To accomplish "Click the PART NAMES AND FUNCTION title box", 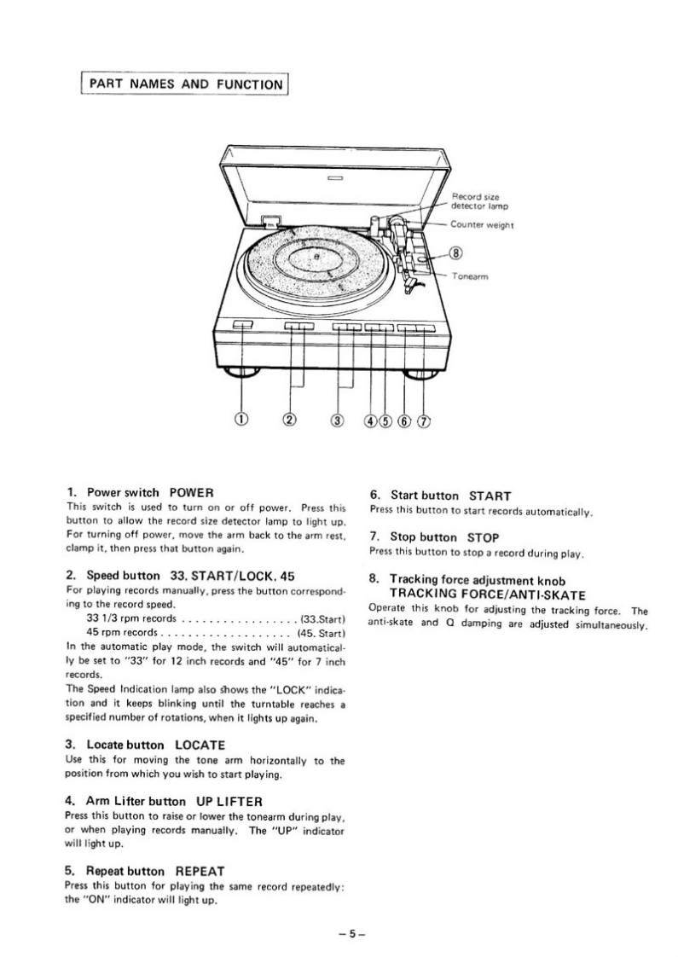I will [x=184, y=84].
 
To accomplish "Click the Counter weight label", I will [x=481, y=225].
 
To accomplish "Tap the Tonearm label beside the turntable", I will [x=470, y=275].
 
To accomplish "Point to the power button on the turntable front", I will [x=242, y=325].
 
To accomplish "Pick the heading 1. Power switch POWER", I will [x=139, y=492].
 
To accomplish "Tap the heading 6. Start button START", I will [x=439, y=495].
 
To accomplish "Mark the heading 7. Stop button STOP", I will [x=433, y=537].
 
